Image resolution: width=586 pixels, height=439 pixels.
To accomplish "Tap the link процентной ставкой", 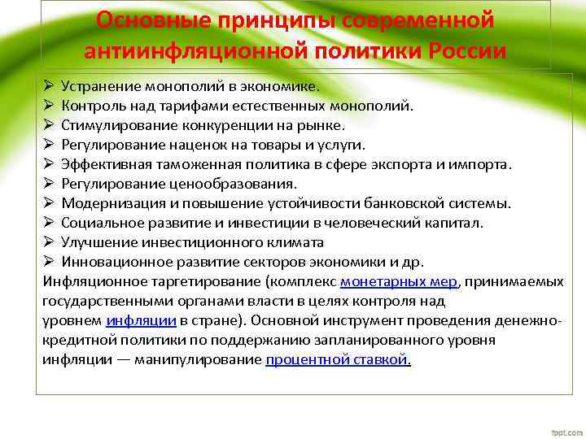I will click(x=338, y=359).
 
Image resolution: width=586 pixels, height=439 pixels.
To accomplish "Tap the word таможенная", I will click(x=190, y=164).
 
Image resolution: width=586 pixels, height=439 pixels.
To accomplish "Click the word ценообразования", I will click(x=242, y=184).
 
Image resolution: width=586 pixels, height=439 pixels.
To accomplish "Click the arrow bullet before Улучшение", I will click(x=48, y=242).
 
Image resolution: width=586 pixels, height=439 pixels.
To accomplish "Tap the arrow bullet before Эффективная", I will click(x=48, y=164).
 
